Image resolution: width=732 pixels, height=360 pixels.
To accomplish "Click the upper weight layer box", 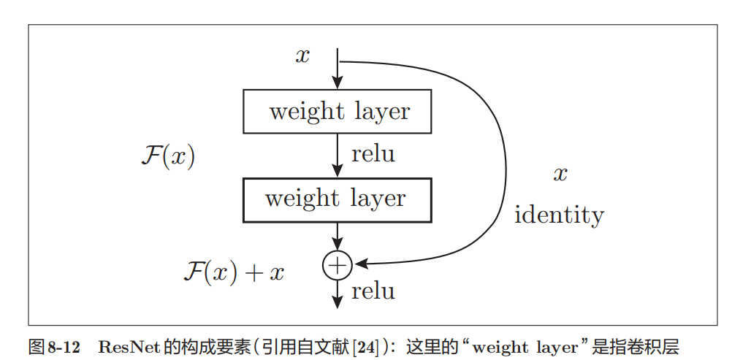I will (x=337, y=112).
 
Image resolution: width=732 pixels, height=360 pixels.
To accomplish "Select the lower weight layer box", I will (x=337, y=199).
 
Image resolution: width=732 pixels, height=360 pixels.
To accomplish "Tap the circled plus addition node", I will (x=337, y=265).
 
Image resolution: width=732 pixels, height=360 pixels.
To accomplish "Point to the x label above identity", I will (x=560, y=174).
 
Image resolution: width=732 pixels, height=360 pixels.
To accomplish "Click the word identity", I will (x=559, y=215).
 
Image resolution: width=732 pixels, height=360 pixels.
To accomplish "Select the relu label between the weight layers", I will (x=373, y=155).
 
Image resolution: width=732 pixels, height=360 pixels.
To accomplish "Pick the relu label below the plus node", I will (x=373, y=292).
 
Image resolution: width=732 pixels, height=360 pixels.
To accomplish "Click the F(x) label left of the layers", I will (x=167, y=156).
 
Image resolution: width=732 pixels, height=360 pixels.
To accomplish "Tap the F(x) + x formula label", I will (x=234, y=272).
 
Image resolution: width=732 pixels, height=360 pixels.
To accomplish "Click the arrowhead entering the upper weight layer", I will (x=337, y=83).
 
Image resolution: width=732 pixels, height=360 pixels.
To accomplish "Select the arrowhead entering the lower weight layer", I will (x=337, y=171).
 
